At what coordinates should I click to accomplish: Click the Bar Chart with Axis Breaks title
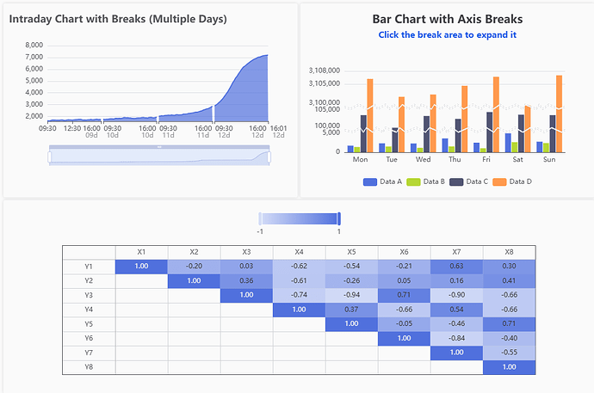pyautogui.click(x=447, y=18)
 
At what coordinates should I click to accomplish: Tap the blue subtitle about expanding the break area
pyautogui.click(x=447, y=34)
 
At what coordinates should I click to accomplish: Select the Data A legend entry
pyautogui.click(x=383, y=181)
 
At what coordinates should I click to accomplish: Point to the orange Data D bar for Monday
pyautogui.click(x=370, y=114)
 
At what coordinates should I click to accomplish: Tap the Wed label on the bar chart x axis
pyautogui.click(x=424, y=159)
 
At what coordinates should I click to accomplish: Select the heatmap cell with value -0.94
pyautogui.click(x=351, y=295)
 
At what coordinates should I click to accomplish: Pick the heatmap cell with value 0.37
pyautogui.click(x=351, y=310)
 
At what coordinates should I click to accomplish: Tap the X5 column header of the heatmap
pyautogui.click(x=351, y=251)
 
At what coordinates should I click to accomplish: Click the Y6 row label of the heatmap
pyautogui.click(x=88, y=339)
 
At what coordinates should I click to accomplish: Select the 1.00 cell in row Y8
pyautogui.click(x=509, y=367)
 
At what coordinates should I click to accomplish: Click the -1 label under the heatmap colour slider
pyautogui.click(x=260, y=231)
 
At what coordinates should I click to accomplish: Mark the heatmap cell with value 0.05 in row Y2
pyautogui.click(x=404, y=280)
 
